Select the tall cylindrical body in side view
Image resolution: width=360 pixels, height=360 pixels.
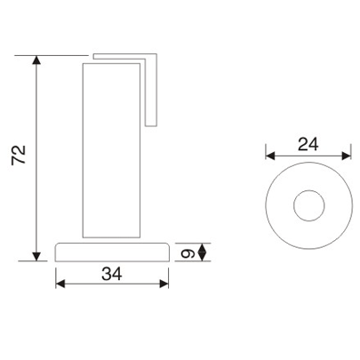[113, 151]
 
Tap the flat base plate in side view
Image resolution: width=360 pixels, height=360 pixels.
[112, 252]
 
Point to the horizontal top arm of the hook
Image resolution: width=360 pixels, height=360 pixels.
[124, 58]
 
